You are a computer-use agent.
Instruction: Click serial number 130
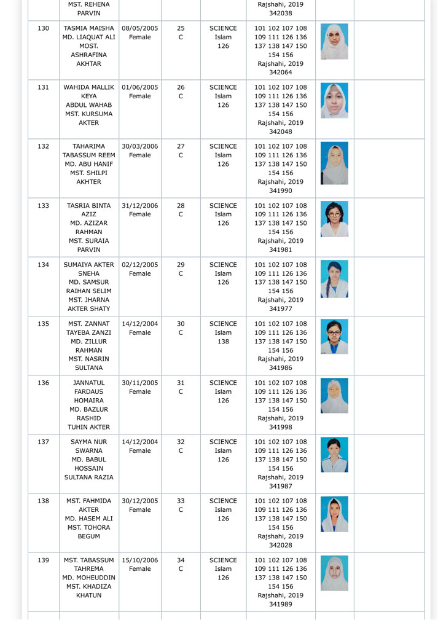point(43,28)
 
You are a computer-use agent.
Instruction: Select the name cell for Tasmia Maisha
point(88,46)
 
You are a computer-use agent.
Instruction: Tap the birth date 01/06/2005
point(140,87)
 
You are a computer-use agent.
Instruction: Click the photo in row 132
point(334,163)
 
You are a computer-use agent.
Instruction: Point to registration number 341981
point(280,250)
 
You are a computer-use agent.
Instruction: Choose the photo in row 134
point(334,279)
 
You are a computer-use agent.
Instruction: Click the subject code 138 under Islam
point(223,342)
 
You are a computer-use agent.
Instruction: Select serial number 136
point(43,383)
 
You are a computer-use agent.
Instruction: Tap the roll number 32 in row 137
point(181,442)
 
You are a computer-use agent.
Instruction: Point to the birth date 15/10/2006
point(140,560)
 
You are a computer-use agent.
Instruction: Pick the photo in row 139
point(334,573)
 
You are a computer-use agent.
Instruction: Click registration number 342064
point(280,73)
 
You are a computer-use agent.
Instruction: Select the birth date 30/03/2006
point(140,146)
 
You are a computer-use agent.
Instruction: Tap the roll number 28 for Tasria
point(181,206)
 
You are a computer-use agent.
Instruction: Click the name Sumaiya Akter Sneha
point(88,269)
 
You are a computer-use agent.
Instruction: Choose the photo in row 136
point(334,396)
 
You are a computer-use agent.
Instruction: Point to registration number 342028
point(280,546)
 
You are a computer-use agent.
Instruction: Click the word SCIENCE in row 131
point(223,87)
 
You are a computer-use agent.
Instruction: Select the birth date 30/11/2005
point(140,383)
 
